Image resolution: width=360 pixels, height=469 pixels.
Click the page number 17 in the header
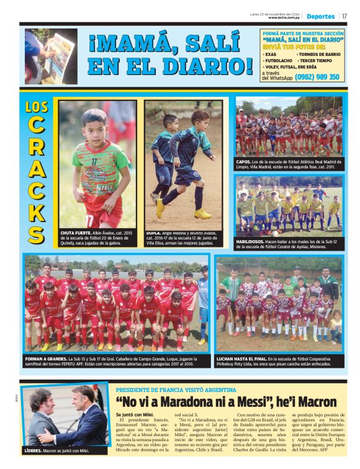tap(344, 16)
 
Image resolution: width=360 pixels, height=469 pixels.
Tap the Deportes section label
tap(320, 16)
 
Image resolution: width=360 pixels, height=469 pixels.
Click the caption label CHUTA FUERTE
tap(76, 232)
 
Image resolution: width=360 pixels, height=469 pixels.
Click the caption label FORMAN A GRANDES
tap(46, 358)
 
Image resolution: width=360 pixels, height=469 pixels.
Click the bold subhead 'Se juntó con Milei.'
tap(134, 414)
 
